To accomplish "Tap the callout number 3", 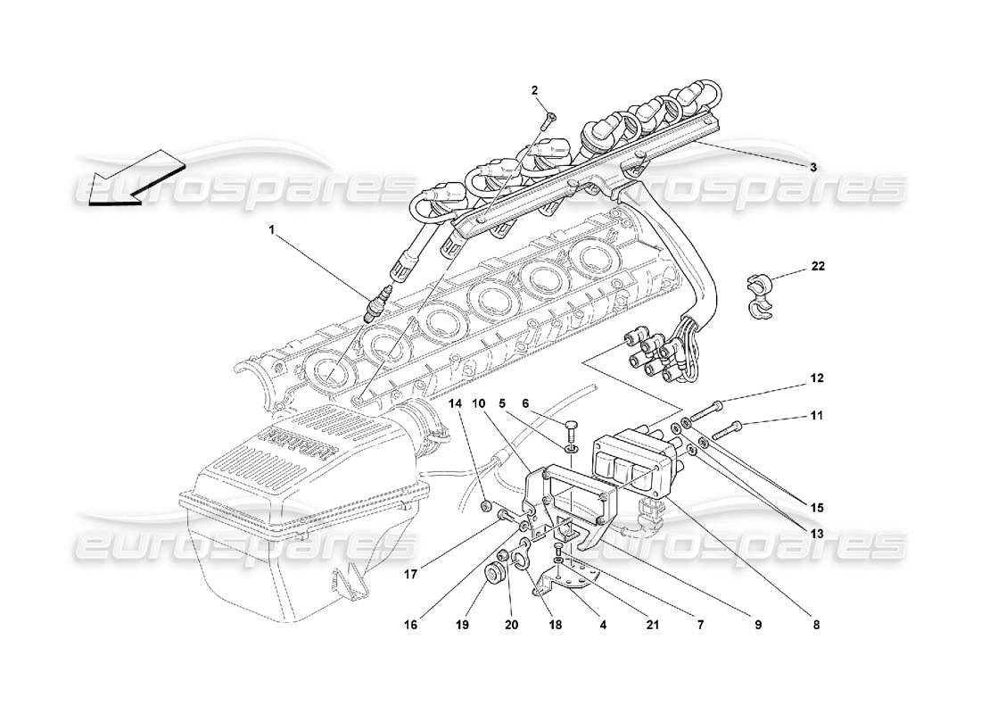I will pos(812,166).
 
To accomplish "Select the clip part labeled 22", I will pos(756,299).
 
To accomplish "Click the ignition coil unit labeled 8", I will pos(633,464).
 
